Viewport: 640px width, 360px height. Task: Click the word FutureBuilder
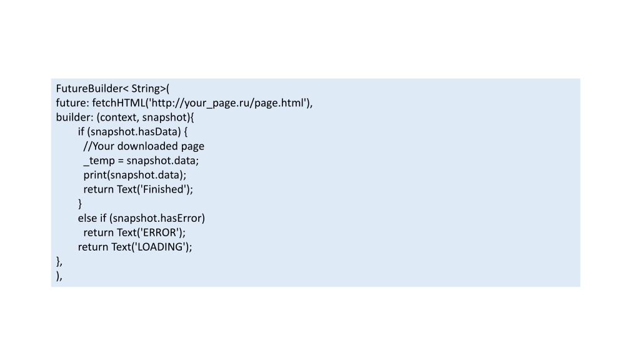coord(89,89)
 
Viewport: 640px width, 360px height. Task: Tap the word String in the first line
coord(146,89)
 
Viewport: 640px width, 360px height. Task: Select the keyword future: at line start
coord(72,103)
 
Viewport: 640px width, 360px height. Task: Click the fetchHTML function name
coord(118,103)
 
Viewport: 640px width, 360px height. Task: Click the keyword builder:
coord(75,117)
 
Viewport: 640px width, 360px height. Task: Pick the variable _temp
coord(99,161)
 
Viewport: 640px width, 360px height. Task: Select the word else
coord(87,218)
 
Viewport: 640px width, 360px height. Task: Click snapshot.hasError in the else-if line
coord(157,218)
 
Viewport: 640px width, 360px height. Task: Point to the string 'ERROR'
coord(160,232)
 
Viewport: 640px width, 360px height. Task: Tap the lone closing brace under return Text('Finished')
coord(80,204)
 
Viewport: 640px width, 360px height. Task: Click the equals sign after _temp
coord(121,161)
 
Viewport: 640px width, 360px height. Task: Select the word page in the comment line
coord(192,146)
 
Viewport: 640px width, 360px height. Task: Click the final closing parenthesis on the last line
coord(57,276)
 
